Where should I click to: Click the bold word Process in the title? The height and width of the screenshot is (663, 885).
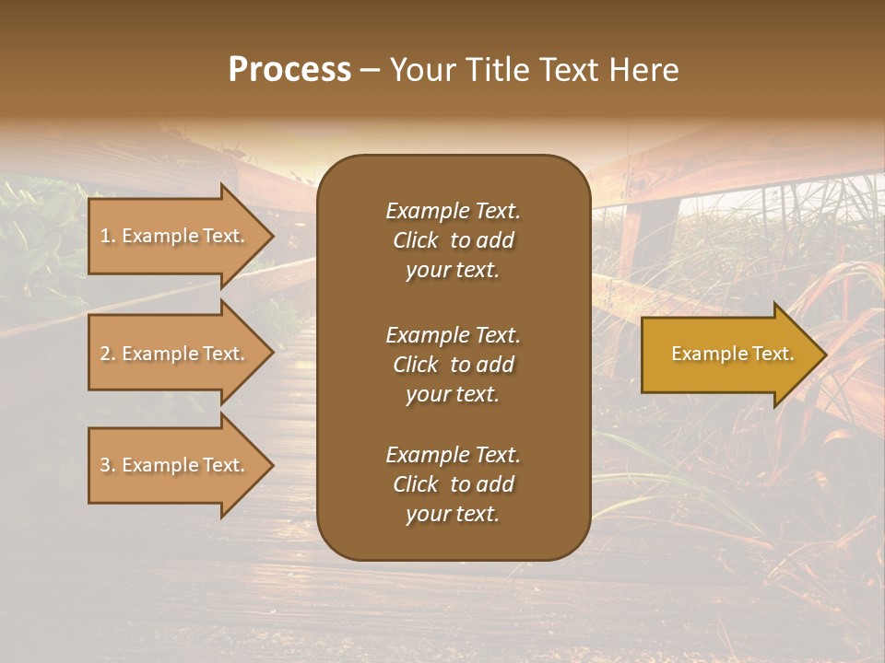pos(289,70)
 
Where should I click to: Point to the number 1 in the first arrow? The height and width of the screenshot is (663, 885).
pos(105,236)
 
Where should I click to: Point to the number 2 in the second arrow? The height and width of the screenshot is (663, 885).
pos(105,354)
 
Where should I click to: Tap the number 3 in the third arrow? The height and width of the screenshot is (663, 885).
pos(105,465)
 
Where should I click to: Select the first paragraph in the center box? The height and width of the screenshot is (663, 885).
pos(453,240)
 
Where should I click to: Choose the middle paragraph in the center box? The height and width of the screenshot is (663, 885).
pos(453,364)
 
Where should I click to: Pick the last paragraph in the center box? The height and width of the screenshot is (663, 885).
pos(453,484)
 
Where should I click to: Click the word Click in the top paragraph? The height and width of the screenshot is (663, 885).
pos(415,240)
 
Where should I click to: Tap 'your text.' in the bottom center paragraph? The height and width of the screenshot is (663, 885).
pos(453,515)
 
